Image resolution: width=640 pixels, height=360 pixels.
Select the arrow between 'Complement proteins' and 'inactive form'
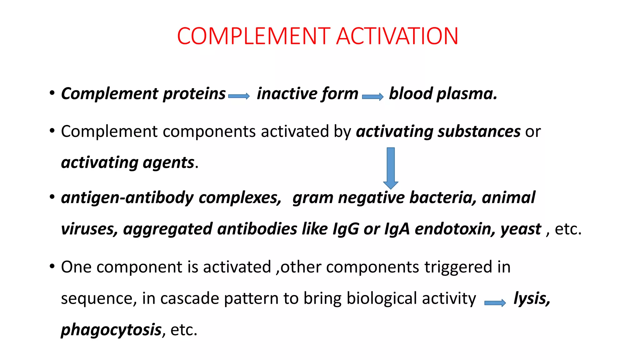tap(239, 96)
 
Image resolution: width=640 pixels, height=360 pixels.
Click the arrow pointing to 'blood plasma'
tap(373, 97)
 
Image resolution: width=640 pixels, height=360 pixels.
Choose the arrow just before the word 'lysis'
tap(495, 302)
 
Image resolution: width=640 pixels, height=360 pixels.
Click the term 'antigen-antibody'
tap(127, 198)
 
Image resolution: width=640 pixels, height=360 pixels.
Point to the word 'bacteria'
tap(443, 198)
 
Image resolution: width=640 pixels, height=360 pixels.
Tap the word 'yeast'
tap(521, 229)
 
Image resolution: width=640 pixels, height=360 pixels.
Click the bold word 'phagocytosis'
tap(111, 330)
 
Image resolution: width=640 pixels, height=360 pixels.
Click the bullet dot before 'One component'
tap(52, 267)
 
